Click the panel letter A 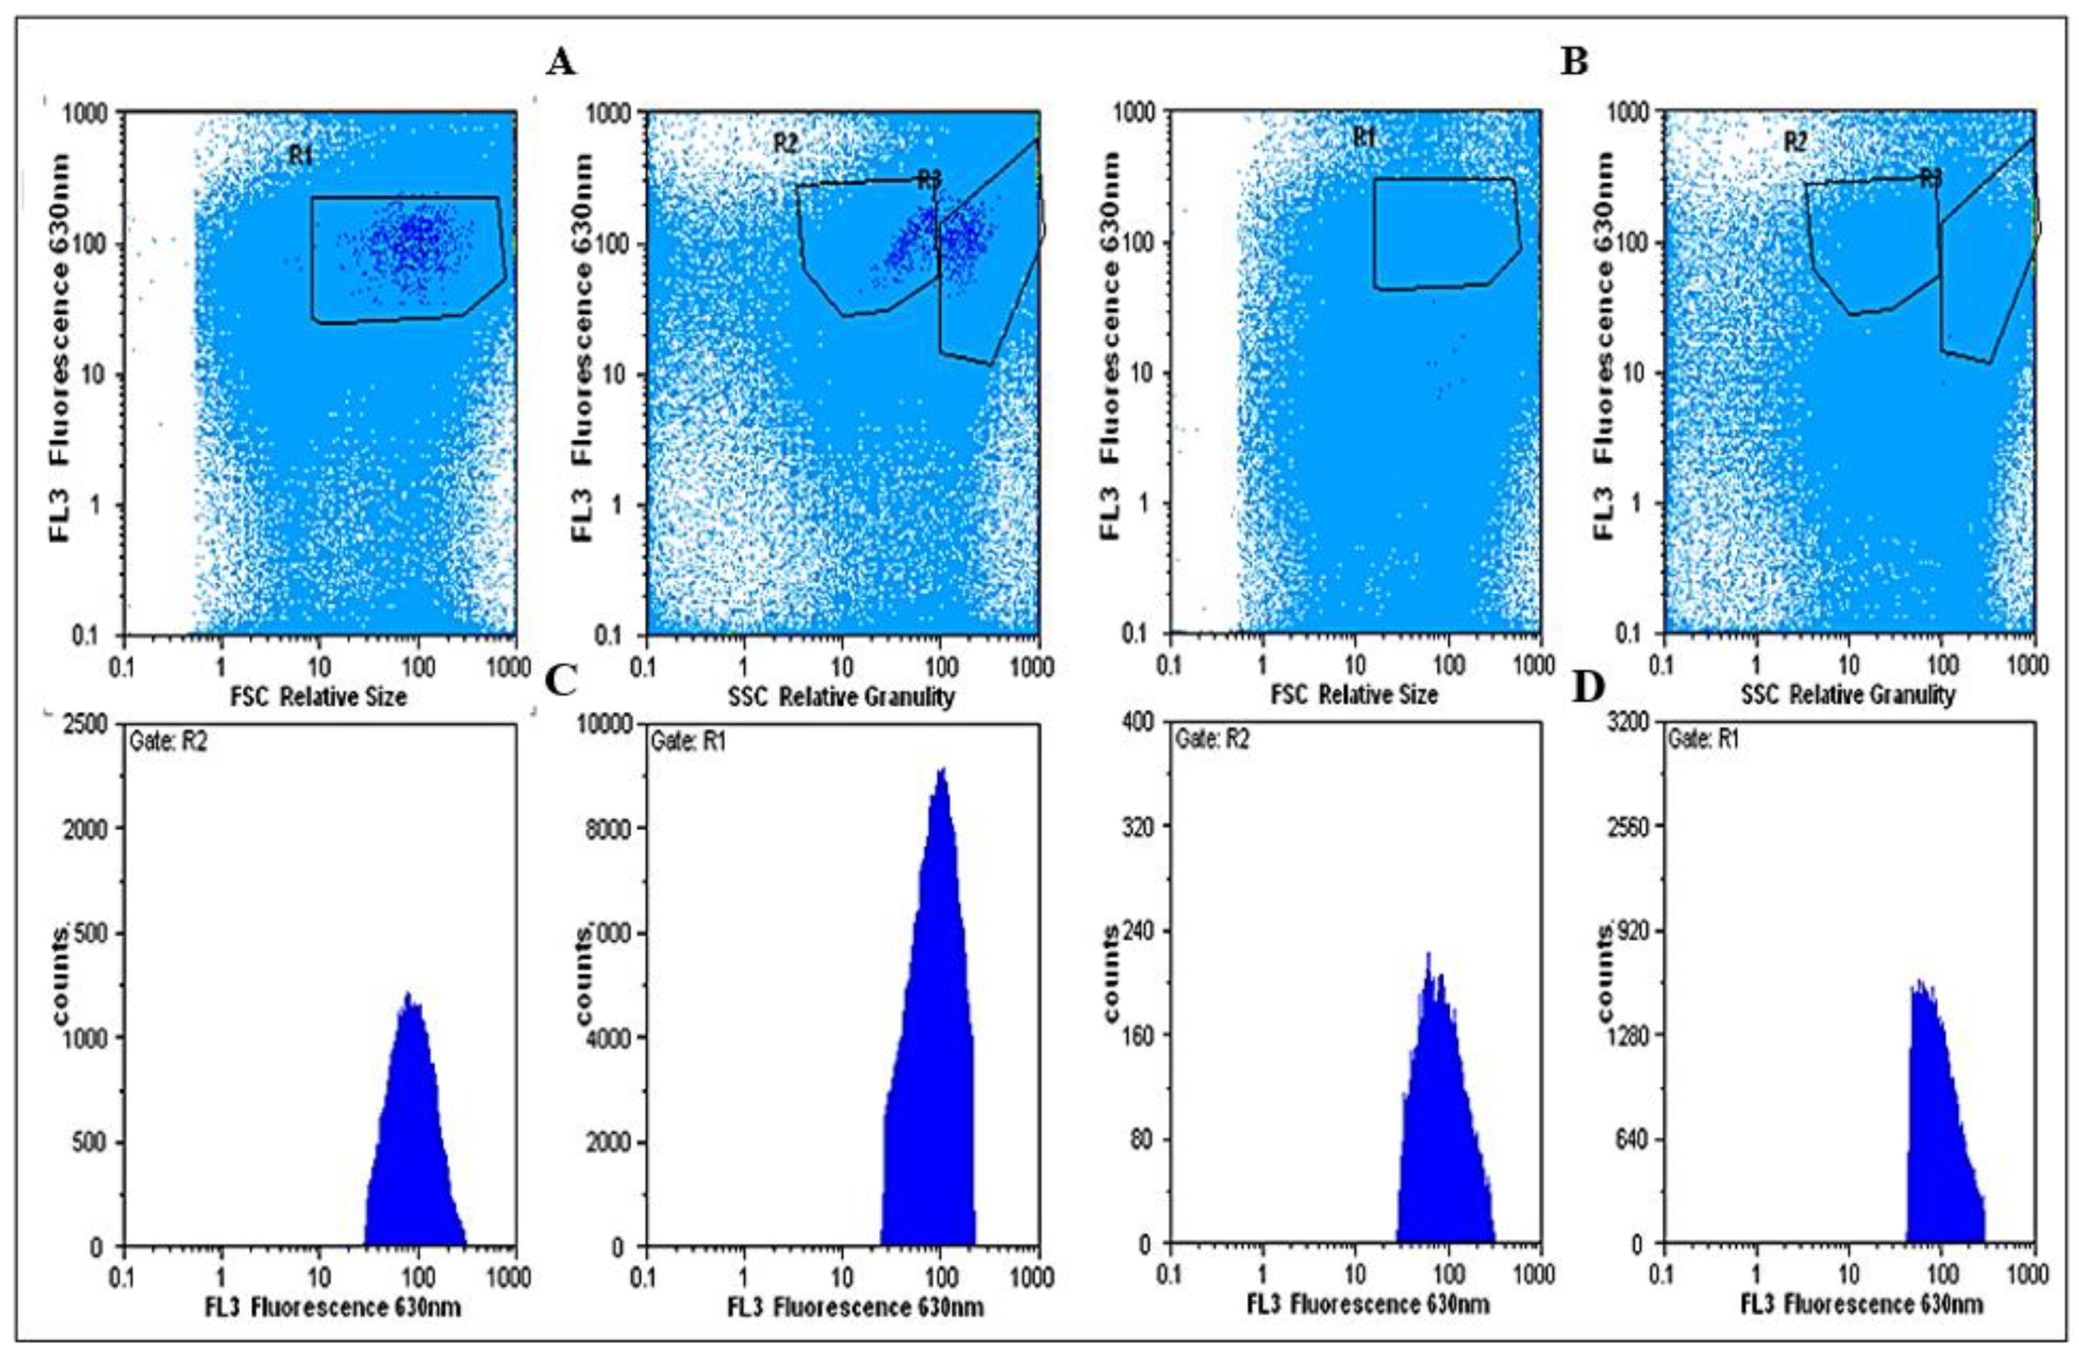[561, 63]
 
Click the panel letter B [1574, 63]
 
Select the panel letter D [1587, 688]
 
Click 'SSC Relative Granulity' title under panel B [1847, 695]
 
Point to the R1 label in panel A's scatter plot [301, 156]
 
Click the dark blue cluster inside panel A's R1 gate [410, 244]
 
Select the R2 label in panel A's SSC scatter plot [785, 143]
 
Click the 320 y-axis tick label [1133, 827]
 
